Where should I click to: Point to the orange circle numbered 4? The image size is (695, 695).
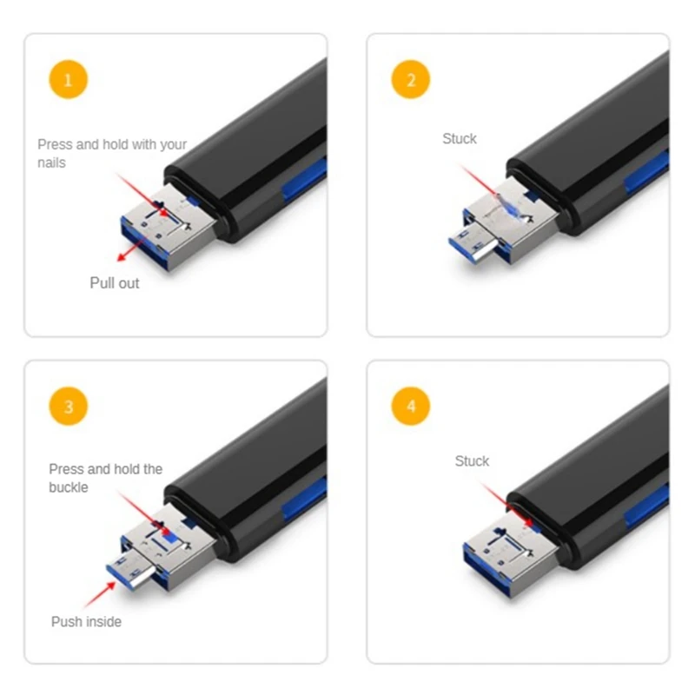[411, 406]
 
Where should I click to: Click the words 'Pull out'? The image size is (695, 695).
[115, 283]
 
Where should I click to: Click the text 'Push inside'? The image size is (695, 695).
[86, 621]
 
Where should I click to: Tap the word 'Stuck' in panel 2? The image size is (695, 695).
[460, 139]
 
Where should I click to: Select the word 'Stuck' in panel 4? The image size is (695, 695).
[472, 461]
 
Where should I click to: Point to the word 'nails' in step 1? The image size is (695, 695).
[52, 162]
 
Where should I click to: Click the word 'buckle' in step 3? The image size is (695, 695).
[69, 487]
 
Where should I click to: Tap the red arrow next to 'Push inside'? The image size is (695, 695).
[100, 594]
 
